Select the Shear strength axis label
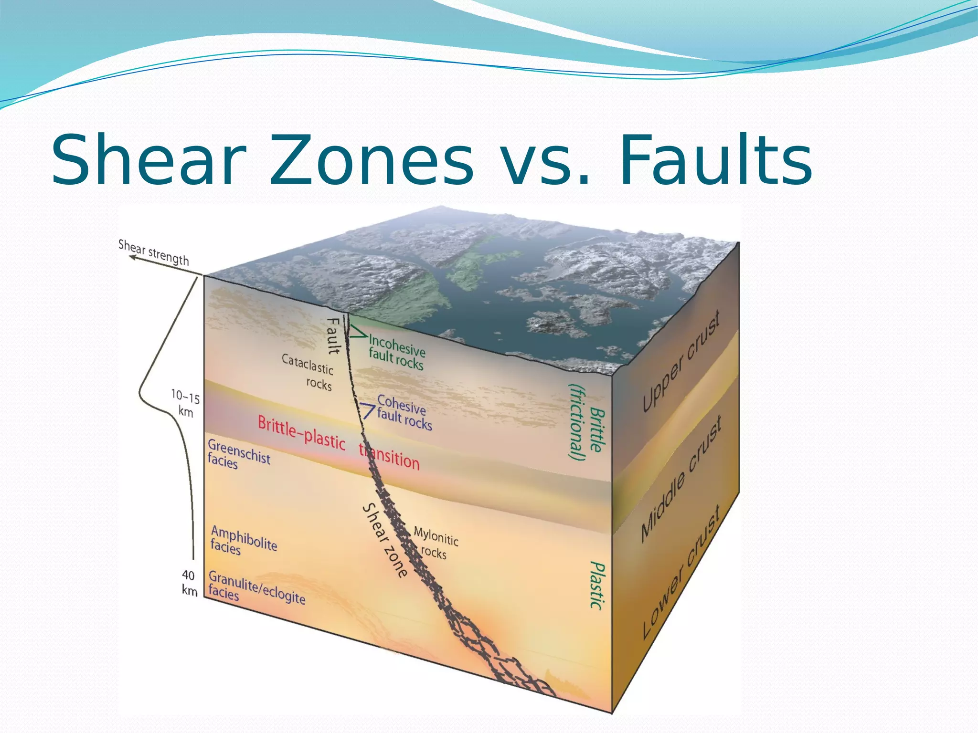(154, 252)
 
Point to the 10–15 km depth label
(185, 403)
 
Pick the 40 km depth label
(189, 583)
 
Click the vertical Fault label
(333, 336)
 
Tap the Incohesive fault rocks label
(396, 352)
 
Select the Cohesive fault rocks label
(404, 413)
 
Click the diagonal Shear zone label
(385, 541)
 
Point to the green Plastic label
(597, 585)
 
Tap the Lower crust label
(681, 572)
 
